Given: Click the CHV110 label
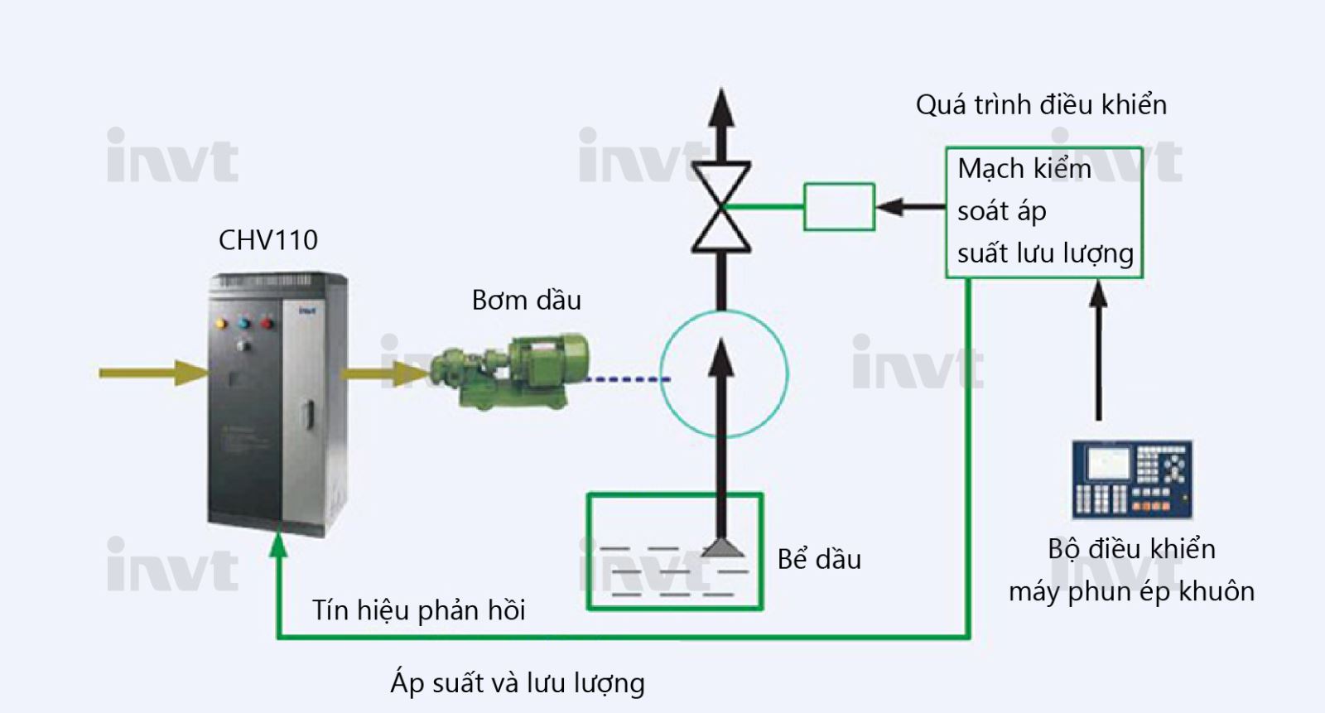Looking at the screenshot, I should tap(267, 240).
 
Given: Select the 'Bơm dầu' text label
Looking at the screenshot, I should tap(526, 300).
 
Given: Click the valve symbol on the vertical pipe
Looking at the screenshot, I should tap(721, 207).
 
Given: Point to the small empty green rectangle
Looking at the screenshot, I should tap(839, 207).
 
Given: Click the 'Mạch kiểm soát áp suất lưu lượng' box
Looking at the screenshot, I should tap(1043, 212).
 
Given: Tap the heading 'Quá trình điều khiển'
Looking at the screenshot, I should tap(1041, 105).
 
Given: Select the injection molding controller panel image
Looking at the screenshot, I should tap(1131, 479).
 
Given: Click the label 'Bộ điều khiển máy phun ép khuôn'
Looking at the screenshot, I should tap(1131, 570).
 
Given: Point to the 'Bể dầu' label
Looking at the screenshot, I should tap(819, 560).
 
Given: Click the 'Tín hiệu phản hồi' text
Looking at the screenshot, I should tap(418, 610).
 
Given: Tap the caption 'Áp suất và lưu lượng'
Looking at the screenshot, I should tap(517, 683).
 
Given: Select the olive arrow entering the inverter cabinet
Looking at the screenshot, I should tap(153, 373).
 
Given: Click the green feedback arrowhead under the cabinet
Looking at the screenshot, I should tap(279, 544).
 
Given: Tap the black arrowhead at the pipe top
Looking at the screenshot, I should tap(721, 108).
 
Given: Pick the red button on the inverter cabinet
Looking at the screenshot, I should tap(267, 322).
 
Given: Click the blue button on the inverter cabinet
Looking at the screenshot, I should tap(243, 323).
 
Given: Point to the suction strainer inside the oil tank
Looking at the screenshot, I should tap(722, 547).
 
